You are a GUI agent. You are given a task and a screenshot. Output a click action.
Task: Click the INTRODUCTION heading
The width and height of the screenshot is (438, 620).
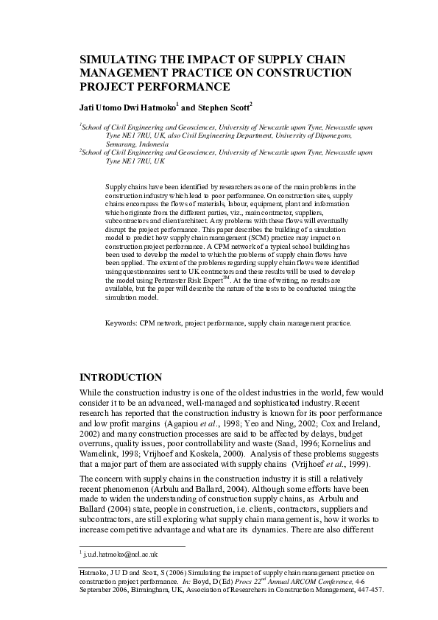pos(120,378)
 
